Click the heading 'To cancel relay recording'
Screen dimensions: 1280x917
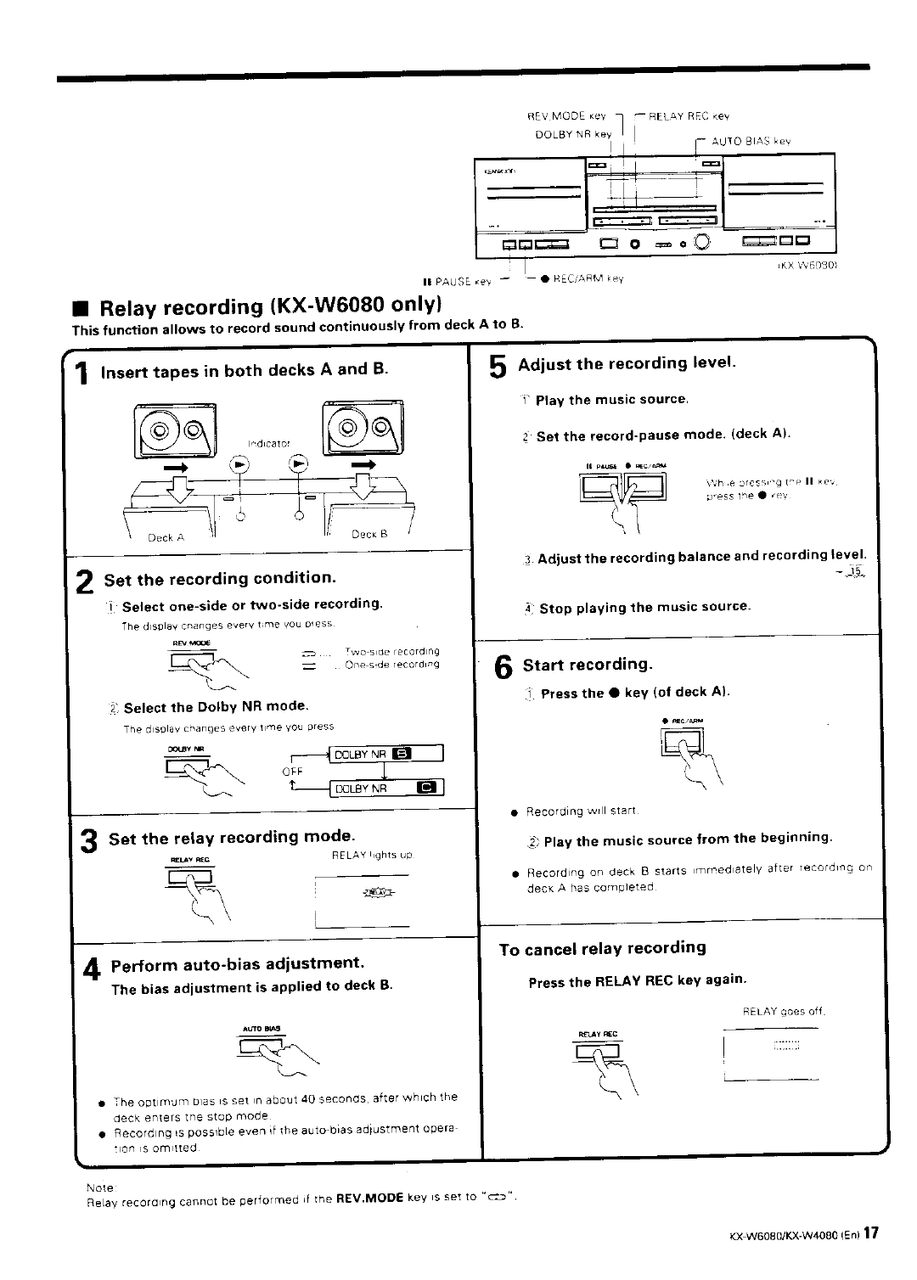pos(602,948)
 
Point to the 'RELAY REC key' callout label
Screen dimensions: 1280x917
pos(689,116)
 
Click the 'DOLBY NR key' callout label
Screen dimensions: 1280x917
pos(573,134)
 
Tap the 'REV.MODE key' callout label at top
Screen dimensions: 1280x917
pos(566,116)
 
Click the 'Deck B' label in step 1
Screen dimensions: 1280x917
pos(370,535)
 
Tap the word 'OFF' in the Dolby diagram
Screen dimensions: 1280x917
pos(292,771)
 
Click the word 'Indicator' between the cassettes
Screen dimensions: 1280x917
pos(268,443)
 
